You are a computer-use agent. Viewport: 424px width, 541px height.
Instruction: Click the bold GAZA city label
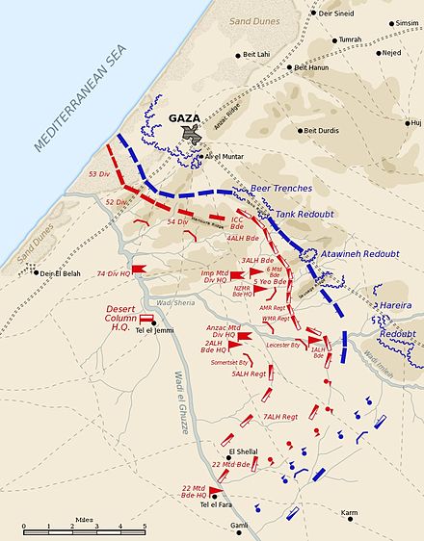[x=183, y=118]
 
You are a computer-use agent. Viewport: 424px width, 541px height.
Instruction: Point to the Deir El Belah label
[x=64, y=272]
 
